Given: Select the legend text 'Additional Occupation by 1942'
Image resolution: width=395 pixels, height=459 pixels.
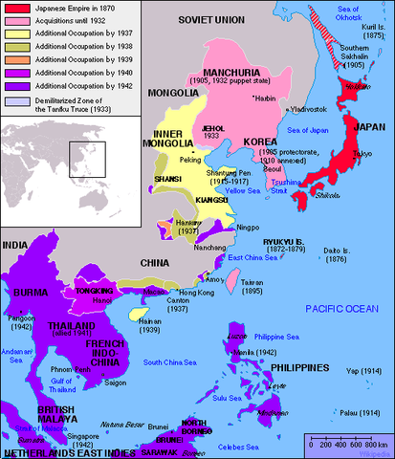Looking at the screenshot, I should [77, 87].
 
